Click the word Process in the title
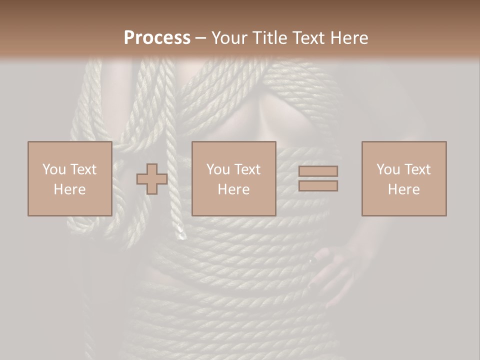[157, 38]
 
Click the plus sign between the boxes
[152, 179]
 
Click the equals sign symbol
[318, 178]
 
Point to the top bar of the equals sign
[318, 171]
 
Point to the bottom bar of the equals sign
[318, 186]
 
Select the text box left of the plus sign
[69, 178]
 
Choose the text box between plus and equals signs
[233, 178]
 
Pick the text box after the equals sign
[403, 178]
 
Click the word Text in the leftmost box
[83, 169]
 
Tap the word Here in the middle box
[233, 189]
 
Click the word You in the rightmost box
[388, 169]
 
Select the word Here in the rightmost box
[403, 189]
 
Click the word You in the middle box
[218, 169]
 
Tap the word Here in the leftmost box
[69, 189]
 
